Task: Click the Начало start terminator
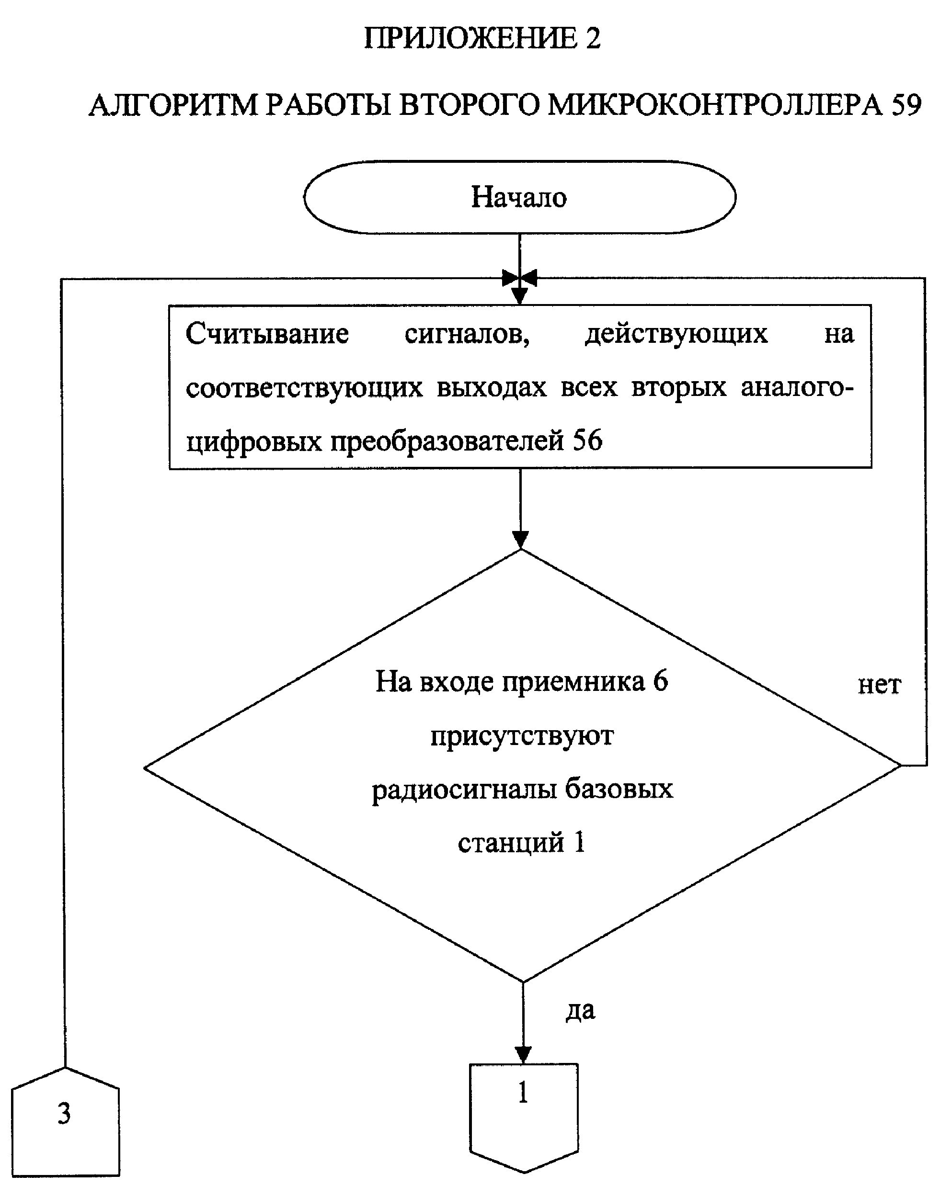point(519,197)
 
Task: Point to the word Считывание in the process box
point(267,334)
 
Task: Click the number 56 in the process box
point(588,440)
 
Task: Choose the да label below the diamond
point(581,1010)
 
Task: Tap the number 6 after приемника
point(660,681)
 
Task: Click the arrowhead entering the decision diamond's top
point(521,540)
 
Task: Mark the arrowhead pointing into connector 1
point(523,1053)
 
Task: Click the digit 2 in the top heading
point(593,38)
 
